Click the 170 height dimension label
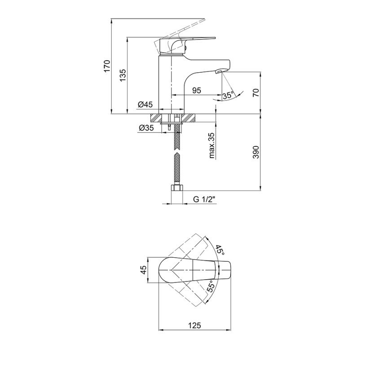(107, 65)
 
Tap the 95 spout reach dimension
(197, 90)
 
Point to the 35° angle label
(228, 95)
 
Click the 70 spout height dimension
(256, 93)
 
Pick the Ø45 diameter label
(145, 105)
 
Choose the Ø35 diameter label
(146, 128)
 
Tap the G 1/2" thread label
(202, 199)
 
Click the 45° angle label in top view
(220, 250)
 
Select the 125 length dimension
(195, 325)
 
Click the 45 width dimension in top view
(144, 270)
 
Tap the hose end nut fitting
(176, 189)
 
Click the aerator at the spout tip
(221, 71)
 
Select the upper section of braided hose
(177, 137)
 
